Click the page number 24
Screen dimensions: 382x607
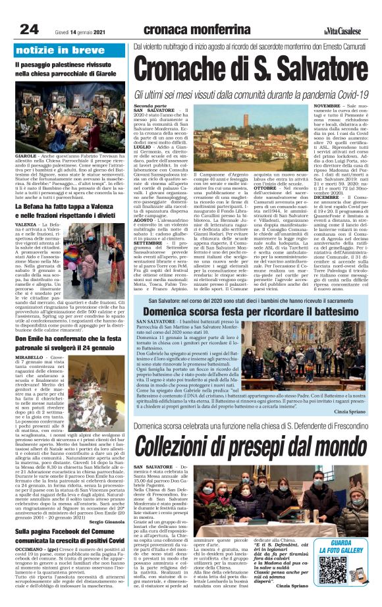click(30, 28)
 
